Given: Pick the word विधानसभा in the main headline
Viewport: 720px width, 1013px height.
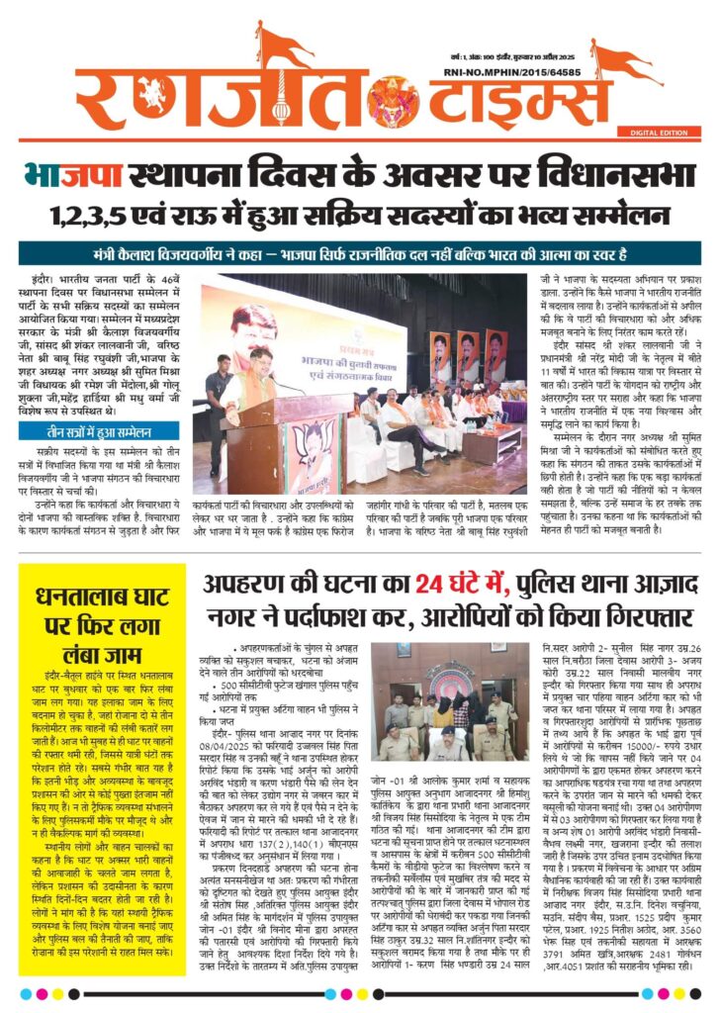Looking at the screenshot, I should (x=613, y=178).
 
